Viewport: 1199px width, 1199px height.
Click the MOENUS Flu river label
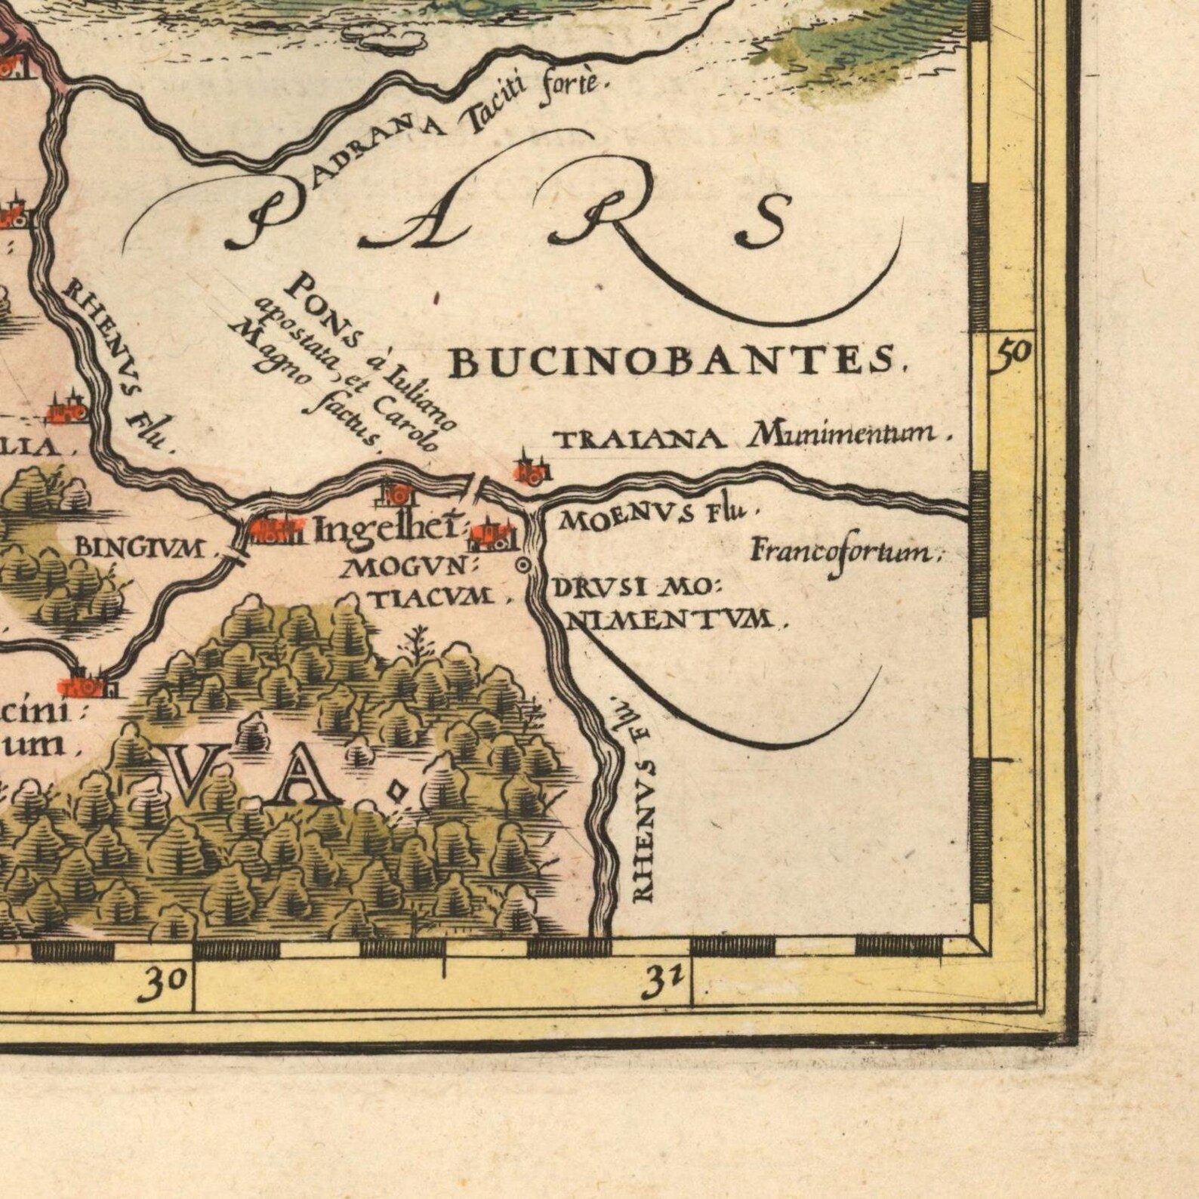[653, 517]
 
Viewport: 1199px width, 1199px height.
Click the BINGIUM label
[140, 548]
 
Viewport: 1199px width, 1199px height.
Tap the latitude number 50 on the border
[1012, 352]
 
